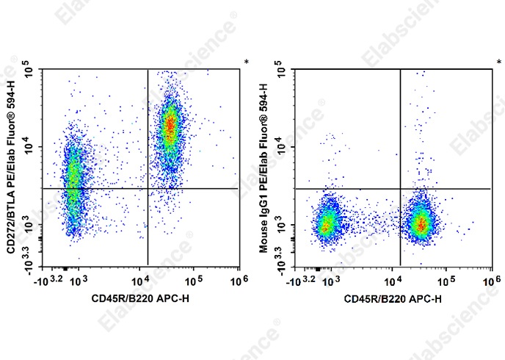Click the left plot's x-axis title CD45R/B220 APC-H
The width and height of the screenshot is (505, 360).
[139, 299]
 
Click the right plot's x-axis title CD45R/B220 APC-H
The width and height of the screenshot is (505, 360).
[390, 299]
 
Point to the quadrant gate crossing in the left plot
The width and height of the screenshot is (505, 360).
[148, 189]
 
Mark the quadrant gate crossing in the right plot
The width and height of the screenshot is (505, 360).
[400, 189]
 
